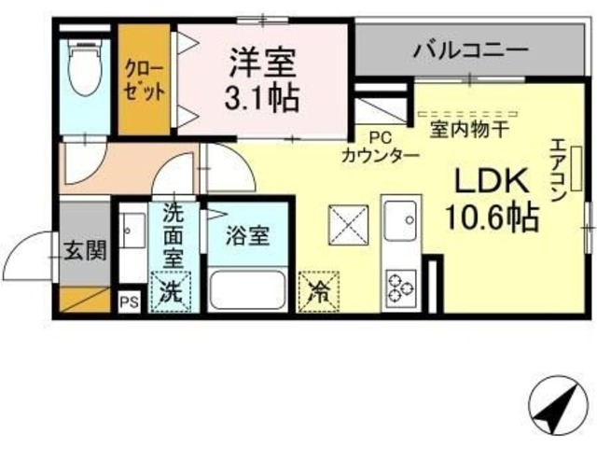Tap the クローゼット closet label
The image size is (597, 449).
tap(145, 80)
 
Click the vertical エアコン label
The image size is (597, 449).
tap(557, 173)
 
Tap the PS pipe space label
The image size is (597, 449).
tap(128, 302)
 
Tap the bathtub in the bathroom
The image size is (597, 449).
tap(247, 288)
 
